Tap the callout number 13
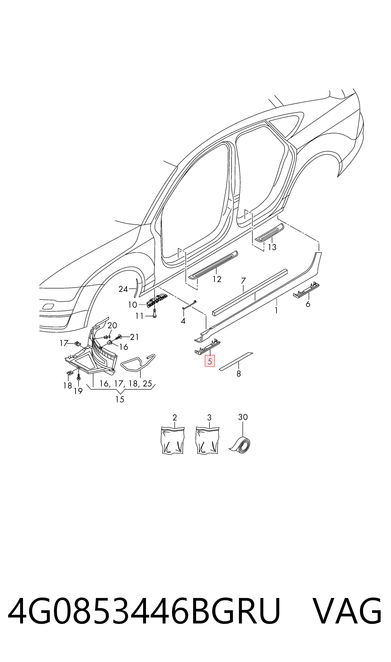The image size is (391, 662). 272,247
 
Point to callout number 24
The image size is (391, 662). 123,289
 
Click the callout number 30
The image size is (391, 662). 243,417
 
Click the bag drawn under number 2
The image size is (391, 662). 173,440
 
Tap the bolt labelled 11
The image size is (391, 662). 155,313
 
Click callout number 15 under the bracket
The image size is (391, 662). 120,399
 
